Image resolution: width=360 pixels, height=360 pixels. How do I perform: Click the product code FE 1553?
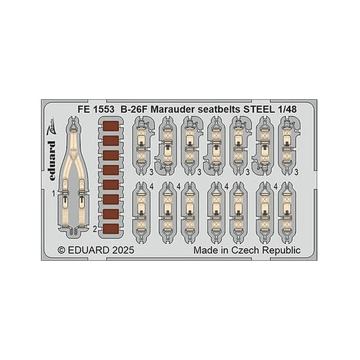coord(96,109)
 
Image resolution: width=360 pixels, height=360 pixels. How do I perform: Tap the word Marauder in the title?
coord(173,109)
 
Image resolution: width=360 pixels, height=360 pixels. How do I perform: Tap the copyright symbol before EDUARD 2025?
coord(61,250)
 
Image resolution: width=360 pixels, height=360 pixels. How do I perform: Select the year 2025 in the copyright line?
coord(123,250)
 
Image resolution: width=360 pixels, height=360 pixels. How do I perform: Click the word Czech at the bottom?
coord(245,250)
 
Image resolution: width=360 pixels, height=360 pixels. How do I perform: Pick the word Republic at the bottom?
coord(281,251)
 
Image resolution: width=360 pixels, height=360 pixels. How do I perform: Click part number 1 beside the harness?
coord(53,194)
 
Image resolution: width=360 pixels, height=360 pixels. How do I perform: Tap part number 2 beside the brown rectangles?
coord(95,229)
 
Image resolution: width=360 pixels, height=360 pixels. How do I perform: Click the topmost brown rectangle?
coord(111,126)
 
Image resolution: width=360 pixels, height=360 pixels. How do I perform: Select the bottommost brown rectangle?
coord(111,229)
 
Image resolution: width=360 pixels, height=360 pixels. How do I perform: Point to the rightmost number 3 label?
coord(297,172)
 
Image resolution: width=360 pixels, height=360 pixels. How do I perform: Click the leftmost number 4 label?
coord(151,187)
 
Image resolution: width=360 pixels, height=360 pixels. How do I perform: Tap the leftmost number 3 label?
coord(151,172)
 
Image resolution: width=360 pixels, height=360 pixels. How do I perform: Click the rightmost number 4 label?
coord(276,187)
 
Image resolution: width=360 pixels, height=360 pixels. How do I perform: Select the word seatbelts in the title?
coord(219,109)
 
